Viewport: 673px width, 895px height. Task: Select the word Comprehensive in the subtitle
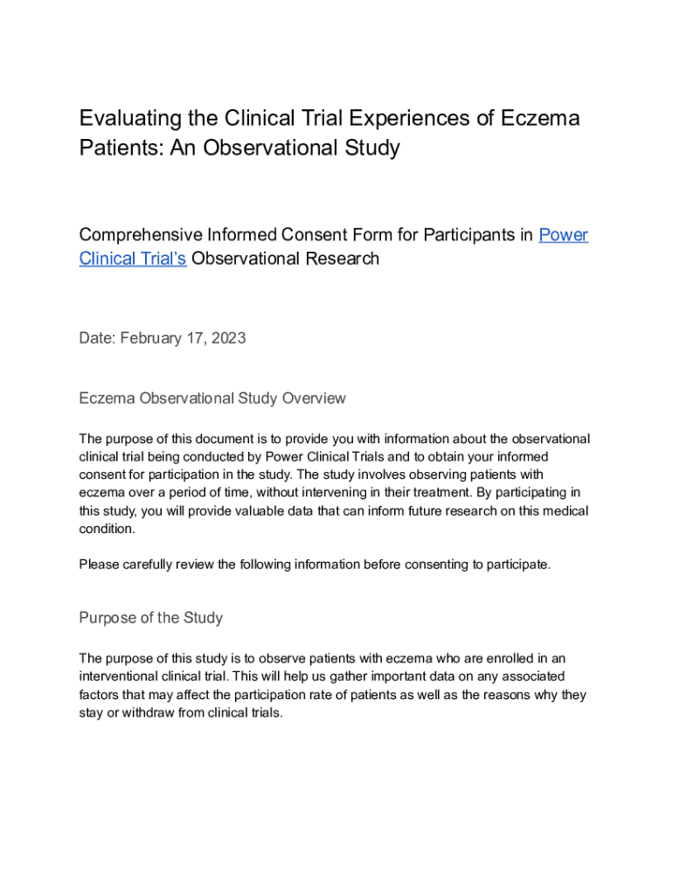tap(140, 235)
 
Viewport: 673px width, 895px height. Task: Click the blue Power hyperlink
tap(564, 235)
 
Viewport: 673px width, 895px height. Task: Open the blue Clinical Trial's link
tap(133, 259)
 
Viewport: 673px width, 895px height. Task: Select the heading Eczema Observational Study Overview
tap(212, 399)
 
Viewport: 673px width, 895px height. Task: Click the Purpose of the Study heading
tap(150, 618)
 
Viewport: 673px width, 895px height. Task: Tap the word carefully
tap(156, 565)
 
